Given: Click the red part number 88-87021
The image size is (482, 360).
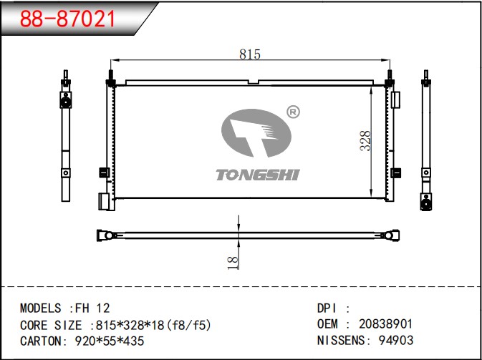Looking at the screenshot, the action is [x=67, y=19].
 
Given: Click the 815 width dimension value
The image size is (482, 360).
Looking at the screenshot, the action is [x=250, y=54].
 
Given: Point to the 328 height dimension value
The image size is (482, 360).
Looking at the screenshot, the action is [x=365, y=141].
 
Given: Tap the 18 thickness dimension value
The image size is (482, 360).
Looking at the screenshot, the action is [x=233, y=263].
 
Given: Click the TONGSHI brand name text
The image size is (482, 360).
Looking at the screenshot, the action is [x=257, y=175].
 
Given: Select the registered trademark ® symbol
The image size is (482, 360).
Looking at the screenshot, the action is [x=293, y=112].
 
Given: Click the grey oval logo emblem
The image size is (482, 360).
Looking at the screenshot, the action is [x=256, y=133].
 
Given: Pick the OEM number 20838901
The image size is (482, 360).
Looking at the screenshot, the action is [x=385, y=324].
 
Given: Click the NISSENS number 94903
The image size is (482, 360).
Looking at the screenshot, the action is [x=396, y=341].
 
